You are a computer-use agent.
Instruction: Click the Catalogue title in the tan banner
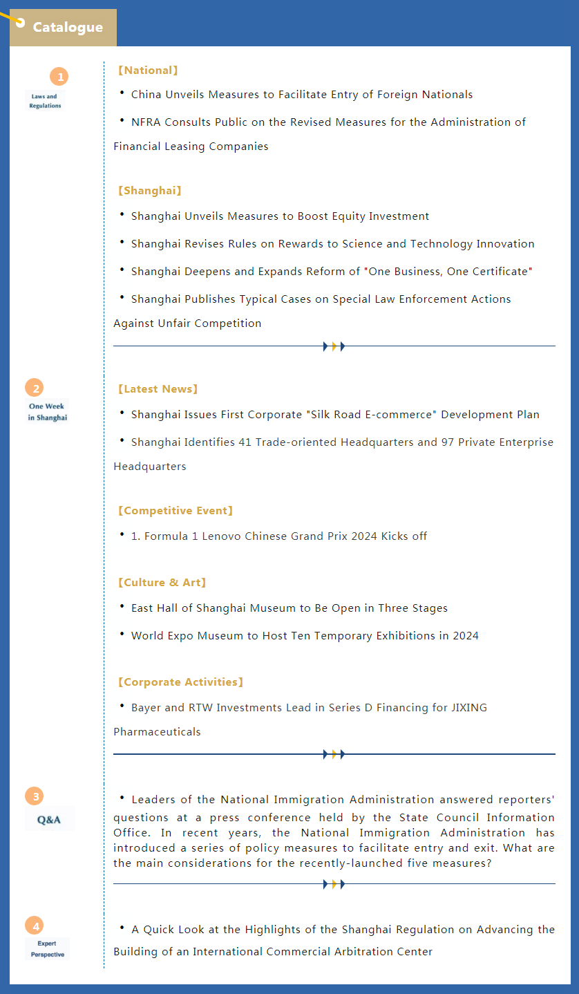[x=68, y=28]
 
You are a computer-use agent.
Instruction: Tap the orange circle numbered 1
[x=59, y=77]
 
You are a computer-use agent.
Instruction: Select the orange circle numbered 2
[x=34, y=388]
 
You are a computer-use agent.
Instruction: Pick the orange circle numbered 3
[x=34, y=796]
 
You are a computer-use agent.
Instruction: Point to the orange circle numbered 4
[x=34, y=926]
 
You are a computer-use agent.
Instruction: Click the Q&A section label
[x=49, y=820]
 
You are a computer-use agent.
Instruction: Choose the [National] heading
[x=148, y=71]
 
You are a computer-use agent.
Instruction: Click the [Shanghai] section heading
[x=149, y=191]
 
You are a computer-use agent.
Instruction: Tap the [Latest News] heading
[x=158, y=389]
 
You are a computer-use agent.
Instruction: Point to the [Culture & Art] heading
[x=162, y=583]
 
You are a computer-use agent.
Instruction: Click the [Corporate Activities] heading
[x=180, y=682]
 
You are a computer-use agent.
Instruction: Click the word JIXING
[x=468, y=708]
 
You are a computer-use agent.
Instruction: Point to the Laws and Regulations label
[x=46, y=101]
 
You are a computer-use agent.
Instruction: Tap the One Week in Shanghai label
[x=48, y=412]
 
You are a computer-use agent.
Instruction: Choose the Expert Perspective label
[x=48, y=949]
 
